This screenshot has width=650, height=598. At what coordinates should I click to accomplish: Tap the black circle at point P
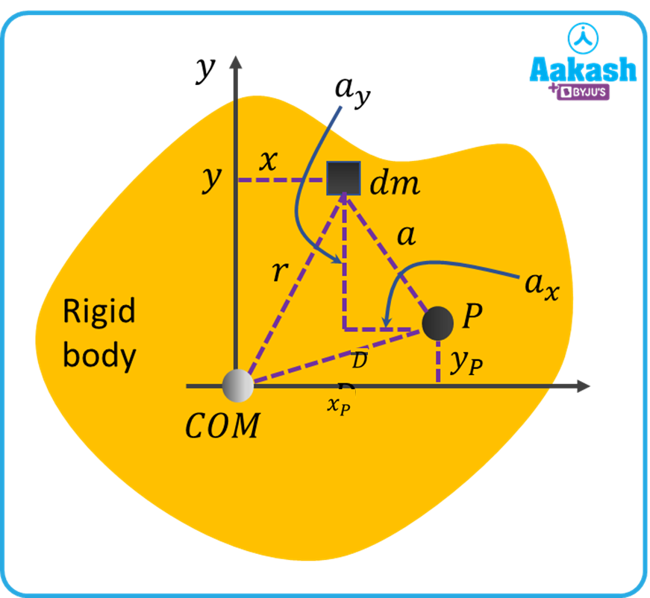click(x=438, y=322)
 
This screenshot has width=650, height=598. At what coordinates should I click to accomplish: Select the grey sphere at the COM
click(x=238, y=385)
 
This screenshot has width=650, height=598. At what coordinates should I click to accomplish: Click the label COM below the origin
click(x=222, y=426)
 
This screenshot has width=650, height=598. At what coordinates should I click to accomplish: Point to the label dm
click(x=395, y=182)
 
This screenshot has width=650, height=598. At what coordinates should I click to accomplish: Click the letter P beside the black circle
click(x=472, y=318)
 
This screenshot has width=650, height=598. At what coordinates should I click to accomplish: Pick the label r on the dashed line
click(x=278, y=271)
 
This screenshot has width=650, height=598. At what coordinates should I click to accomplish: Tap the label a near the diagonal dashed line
click(x=406, y=236)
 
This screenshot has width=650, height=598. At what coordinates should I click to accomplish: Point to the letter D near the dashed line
click(x=359, y=361)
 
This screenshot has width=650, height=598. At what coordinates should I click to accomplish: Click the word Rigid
click(x=99, y=312)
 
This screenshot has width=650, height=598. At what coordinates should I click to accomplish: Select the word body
click(x=99, y=356)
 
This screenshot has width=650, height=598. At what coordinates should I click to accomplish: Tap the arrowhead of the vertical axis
click(x=235, y=63)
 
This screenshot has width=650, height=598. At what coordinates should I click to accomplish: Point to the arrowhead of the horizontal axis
click(x=582, y=386)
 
